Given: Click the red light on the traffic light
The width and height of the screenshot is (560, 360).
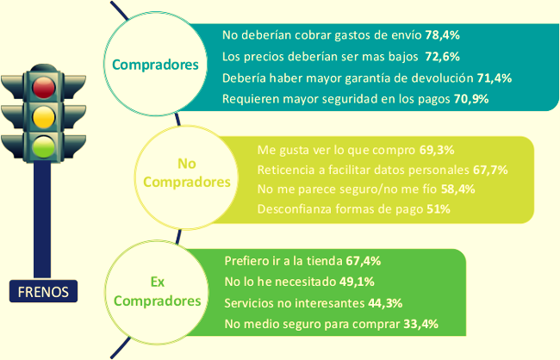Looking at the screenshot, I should (x=42, y=85).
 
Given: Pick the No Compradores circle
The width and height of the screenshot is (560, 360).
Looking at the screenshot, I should (x=187, y=173).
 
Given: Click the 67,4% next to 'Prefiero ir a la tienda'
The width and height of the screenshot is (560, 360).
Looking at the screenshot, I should (x=363, y=260).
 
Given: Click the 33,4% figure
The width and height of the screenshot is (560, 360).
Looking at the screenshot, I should (x=421, y=324).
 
